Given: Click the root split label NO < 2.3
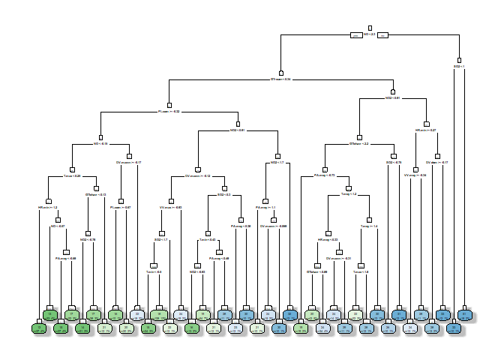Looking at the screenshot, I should pyautogui.click(x=370, y=34).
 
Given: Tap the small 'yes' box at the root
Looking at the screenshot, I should pyautogui.click(x=356, y=34).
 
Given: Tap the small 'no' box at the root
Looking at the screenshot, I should pyautogui.click(x=382, y=34).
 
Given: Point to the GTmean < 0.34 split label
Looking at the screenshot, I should pyautogui.click(x=280, y=79).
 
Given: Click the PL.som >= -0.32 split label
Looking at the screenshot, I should pyautogui.click(x=169, y=112).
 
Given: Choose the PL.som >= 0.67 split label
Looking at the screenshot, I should pyautogui.click(x=121, y=207).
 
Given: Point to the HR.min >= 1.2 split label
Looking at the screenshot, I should pyautogui.click(x=47, y=207).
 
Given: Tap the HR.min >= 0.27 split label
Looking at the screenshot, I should pyautogui.click(x=426, y=130).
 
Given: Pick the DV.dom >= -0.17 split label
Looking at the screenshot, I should pyautogui.click(x=437, y=162).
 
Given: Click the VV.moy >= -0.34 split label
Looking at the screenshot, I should pyautogui.click(x=415, y=175).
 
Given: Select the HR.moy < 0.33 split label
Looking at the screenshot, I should pyautogui.click(x=328, y=240).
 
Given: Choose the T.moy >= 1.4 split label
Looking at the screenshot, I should pyautogui.click(x=369, y=226).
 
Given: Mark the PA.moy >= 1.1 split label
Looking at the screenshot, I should pyautogui.click(x=266, y=207).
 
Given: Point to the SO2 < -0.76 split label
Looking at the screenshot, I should pyautogui.click(x=394, y=162).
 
